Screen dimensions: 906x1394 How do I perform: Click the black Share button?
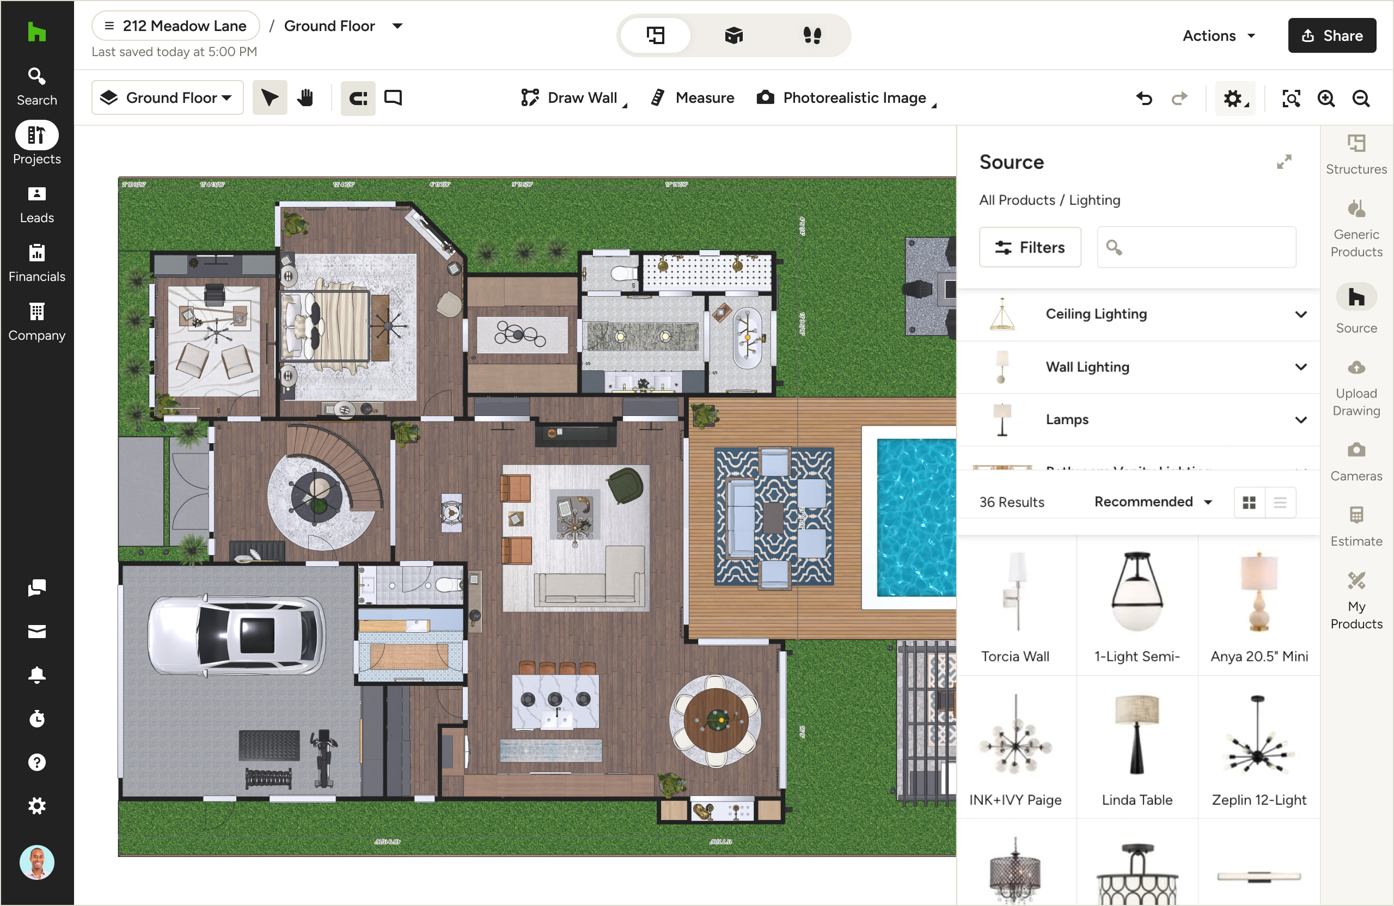[x=1331, y=36]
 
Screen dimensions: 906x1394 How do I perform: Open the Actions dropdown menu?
[x=1218, y=36]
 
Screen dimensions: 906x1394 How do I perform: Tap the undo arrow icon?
[x=1144, y=99]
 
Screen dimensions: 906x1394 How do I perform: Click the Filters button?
[x=1030, y=248]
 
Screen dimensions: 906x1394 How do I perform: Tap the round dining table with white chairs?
[x=715, y=720]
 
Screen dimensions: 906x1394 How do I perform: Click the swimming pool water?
[x=915, y=516]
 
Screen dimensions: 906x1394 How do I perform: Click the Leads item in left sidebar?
[x=36, y=205]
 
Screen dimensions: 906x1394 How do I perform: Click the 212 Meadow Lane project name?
[x=176, y=26]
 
